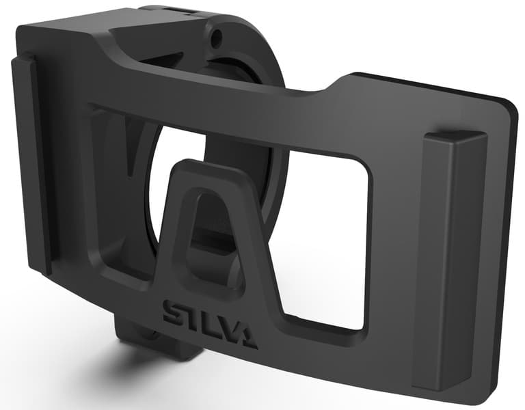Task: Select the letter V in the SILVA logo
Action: coord(228,320)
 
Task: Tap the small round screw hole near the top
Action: coord(218,34)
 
